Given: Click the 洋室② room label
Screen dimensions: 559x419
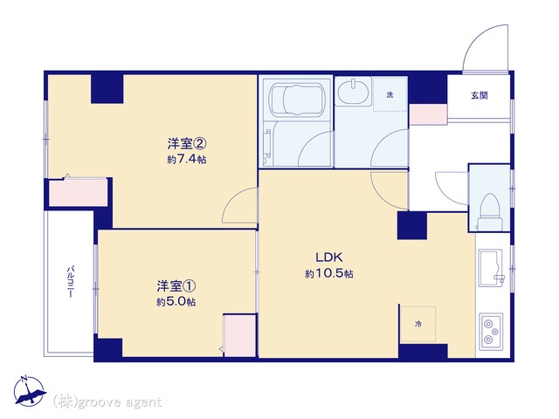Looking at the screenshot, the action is [x=187, y=144].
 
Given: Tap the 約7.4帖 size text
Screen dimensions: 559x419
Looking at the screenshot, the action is [x=187, y=159].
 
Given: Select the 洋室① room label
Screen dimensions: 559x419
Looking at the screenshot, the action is [x=176, y=286].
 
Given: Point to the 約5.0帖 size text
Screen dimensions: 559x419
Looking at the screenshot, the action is [x=176, y=302].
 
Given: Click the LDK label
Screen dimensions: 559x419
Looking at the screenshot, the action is [x=328, y=257].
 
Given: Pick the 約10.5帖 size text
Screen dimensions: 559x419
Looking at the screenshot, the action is [x=329, y=273].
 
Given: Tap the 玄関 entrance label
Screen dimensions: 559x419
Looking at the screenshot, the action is [x=480, y=95].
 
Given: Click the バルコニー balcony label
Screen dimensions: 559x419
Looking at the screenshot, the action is [x=71, y=281].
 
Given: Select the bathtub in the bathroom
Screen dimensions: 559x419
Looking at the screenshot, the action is [x=297, y=99].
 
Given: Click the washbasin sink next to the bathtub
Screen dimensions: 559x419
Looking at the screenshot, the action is [x=354, y=92].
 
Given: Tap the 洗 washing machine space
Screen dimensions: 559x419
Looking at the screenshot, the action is [x=390, y=95].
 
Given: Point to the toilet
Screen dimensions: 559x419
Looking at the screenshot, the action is [x=490, y=211].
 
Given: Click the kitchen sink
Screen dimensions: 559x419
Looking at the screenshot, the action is [x=491, y=268].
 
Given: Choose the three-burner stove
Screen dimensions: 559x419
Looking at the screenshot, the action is [x=491, y=332].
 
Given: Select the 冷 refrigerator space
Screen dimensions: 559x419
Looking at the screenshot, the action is [x=418, y=324].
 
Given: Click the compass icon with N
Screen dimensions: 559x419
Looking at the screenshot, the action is [x=29, y=391].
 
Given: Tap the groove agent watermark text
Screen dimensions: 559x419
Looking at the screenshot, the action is [x=107, y=402].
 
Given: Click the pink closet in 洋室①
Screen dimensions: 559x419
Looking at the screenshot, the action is [x=239, y=335].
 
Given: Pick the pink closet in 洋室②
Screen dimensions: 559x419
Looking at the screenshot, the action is [x=78, y=192].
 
